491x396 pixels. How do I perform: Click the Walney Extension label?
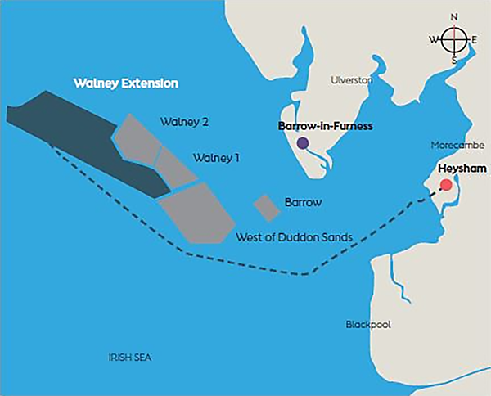pyautogui.click(x=125, y=83)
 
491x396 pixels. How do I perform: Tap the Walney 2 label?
pyautogui.click(x=184, y=122)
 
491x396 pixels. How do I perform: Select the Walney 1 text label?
pyautogui.click(x=216, y=157)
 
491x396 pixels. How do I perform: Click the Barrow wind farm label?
pyautogui.click(x=303, y=201)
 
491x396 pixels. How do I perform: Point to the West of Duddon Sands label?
pyautogui.click(x=294, y=237)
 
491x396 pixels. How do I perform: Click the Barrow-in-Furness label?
pyautogui.click(x=326, y=126)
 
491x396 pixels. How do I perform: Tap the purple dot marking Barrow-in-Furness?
pyautogui.click(x=303, y=143)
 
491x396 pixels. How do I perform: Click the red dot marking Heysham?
pyautogui.click(x=445, y=184)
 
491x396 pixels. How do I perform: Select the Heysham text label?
pyautogui.click(x=459, y=168)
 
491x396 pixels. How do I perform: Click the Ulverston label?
pyautogui.click(x=350, y=80)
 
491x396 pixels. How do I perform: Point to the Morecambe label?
pyautogui.click(x=454, y=146)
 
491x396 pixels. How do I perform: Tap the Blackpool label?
pyautogui.click(x=368, y=325)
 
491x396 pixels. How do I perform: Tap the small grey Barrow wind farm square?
pyautogui.click(x=266, y=208)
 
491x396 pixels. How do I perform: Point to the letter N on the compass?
pyautogui.click(x=454, y=16)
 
